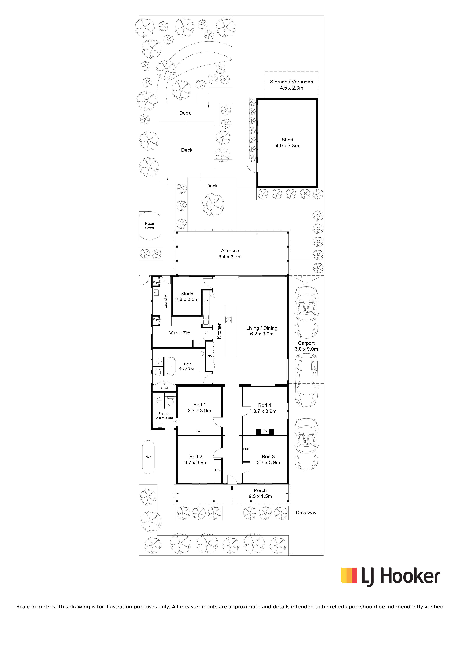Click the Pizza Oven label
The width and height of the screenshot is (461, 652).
(149, 226)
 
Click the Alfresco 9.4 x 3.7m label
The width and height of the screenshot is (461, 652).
(230, 254)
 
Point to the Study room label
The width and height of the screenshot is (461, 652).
(187, 296)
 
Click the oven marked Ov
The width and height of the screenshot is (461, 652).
(206, 300)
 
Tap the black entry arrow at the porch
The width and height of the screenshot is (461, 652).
(232, 488)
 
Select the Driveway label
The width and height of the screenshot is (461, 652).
(306, 513)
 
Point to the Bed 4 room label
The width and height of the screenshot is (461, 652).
(265, 408)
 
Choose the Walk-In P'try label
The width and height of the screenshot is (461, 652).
(180, 333)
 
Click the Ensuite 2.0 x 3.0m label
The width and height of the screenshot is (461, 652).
(164, 416)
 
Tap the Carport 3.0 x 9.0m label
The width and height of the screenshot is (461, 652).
(306, 346)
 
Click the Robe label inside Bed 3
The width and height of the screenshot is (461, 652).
(246, 449)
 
